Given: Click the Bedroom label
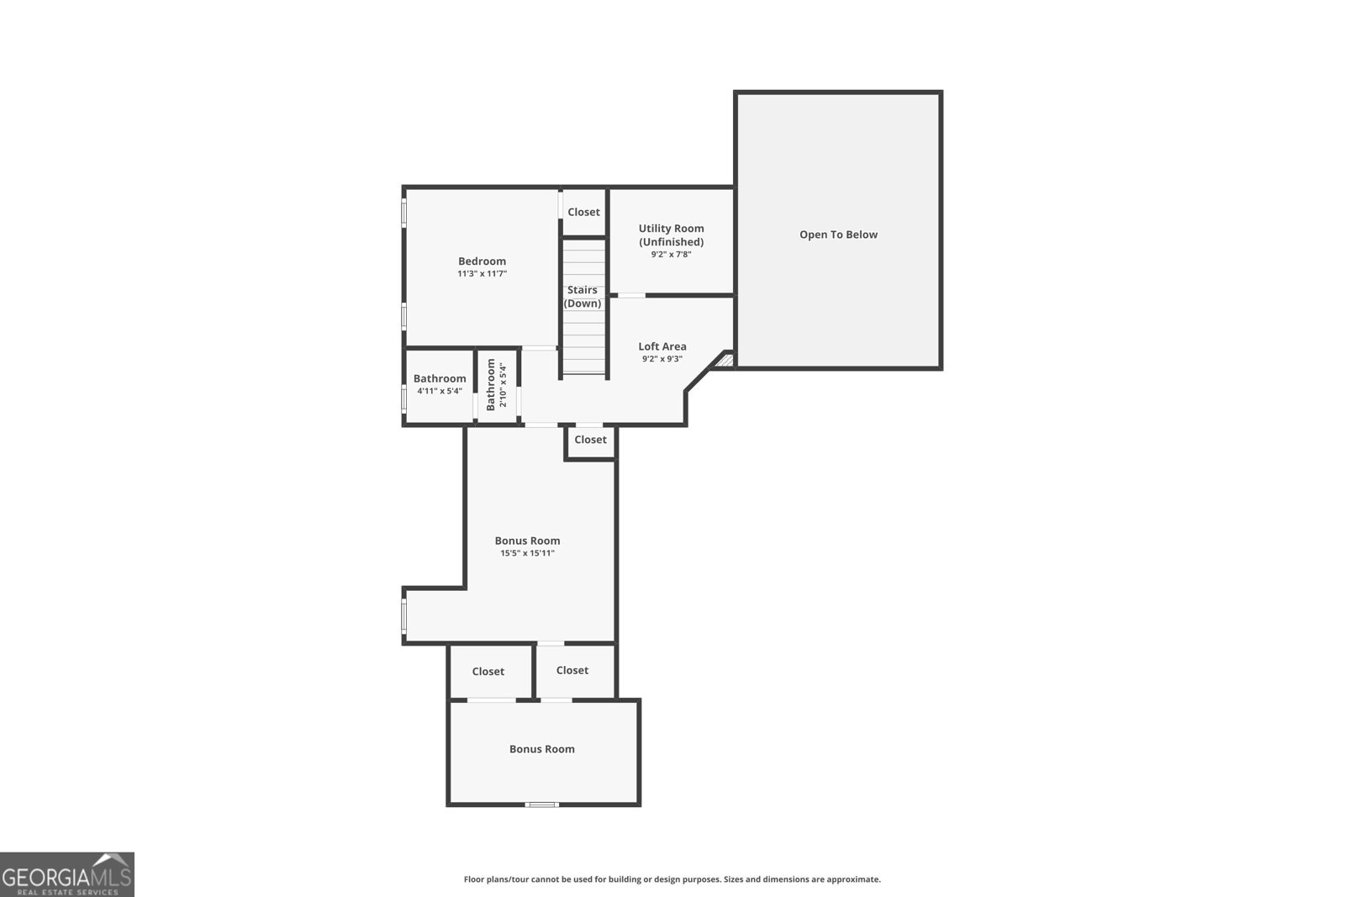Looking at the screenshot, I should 482,261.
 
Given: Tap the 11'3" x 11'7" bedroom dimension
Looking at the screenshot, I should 482,274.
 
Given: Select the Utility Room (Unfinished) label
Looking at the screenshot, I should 671,235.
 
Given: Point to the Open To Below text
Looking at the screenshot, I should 838,235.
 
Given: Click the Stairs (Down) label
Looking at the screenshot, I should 583,297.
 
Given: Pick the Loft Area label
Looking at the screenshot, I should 662,346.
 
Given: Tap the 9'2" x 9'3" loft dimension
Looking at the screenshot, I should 662,359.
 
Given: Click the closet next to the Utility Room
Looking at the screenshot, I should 583,212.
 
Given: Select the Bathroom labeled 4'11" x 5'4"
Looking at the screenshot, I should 439,379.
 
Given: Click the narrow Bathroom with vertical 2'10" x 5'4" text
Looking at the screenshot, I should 496,385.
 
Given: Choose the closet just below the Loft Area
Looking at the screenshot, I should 590,440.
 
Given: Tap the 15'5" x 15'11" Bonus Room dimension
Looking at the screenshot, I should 527,553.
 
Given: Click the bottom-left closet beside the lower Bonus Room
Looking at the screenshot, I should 488,672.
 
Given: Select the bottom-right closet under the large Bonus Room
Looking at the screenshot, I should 572,670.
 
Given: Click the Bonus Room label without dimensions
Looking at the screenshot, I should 541,749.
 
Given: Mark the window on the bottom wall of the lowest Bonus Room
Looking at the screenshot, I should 541,805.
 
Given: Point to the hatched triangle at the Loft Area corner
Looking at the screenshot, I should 725,361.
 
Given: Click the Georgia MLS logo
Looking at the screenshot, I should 67,874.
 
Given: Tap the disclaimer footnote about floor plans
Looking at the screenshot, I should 672,879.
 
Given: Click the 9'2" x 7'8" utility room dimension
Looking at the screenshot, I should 671,255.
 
